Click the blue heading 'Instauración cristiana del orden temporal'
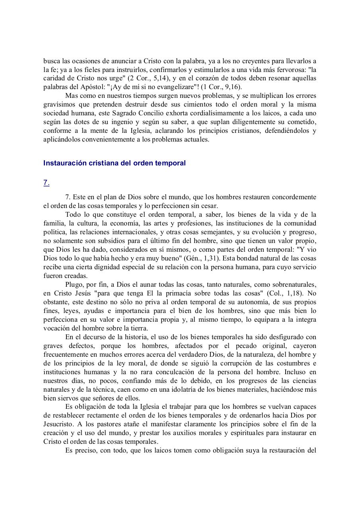(114, 163)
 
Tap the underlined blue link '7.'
(46, 183)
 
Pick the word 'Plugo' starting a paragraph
(73, 285)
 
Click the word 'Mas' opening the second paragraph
(71, 96)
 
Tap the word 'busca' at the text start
(51, 61)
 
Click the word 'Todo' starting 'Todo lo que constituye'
(72, 215)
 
